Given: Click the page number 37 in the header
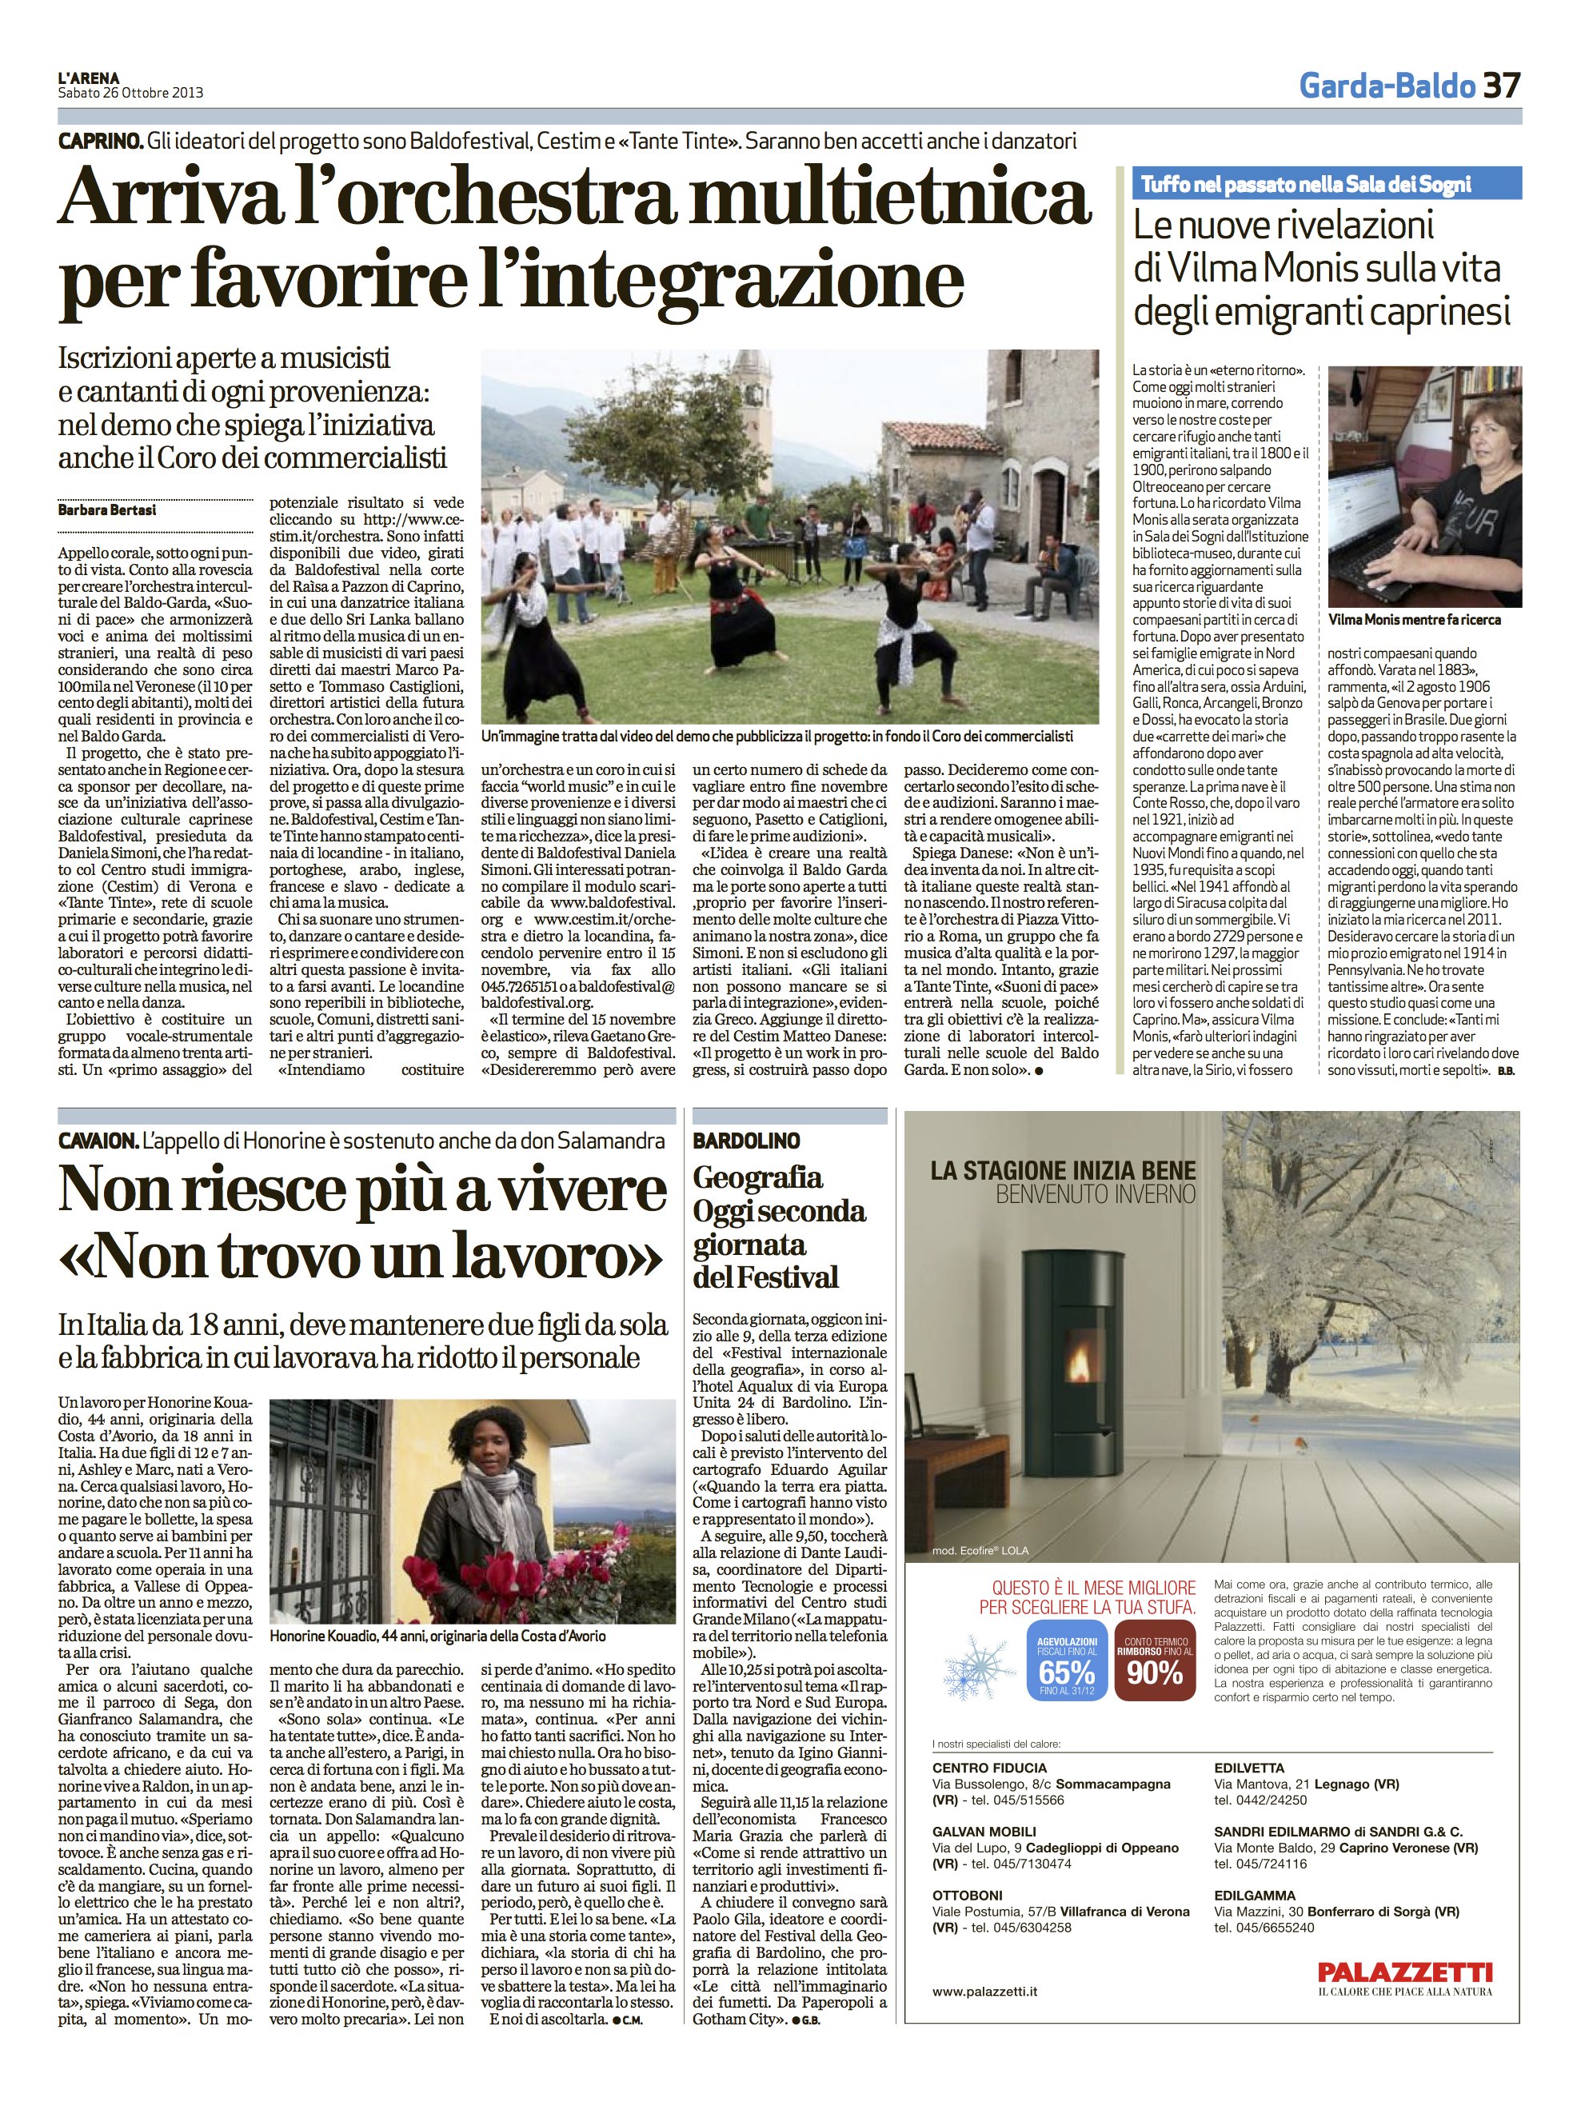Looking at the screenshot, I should pyautogui.click(x=1500, y=86).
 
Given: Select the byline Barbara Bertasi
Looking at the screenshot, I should pyautogui.click(x=107, y=510).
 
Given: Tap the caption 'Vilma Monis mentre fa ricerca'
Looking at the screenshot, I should pyautogui.click(x=1415, y=619).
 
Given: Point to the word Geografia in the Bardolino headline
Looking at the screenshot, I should pyautogui.click(x=757, y=1177).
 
